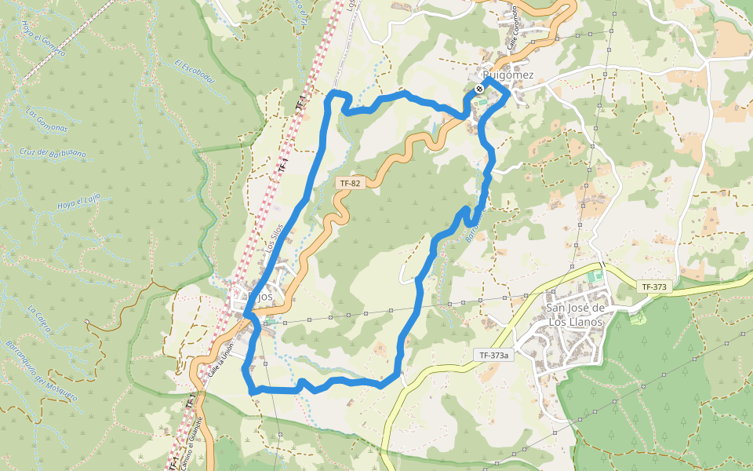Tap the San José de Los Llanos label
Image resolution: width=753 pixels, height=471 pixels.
(575, 314)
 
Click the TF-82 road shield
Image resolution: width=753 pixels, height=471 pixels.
(349, 183)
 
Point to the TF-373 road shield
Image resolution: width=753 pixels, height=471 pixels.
(653, 287)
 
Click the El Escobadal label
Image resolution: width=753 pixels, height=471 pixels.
(195, 71)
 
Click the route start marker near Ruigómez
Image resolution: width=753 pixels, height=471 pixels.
(479, 89)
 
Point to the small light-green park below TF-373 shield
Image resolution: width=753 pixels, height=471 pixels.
(637, 317)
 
